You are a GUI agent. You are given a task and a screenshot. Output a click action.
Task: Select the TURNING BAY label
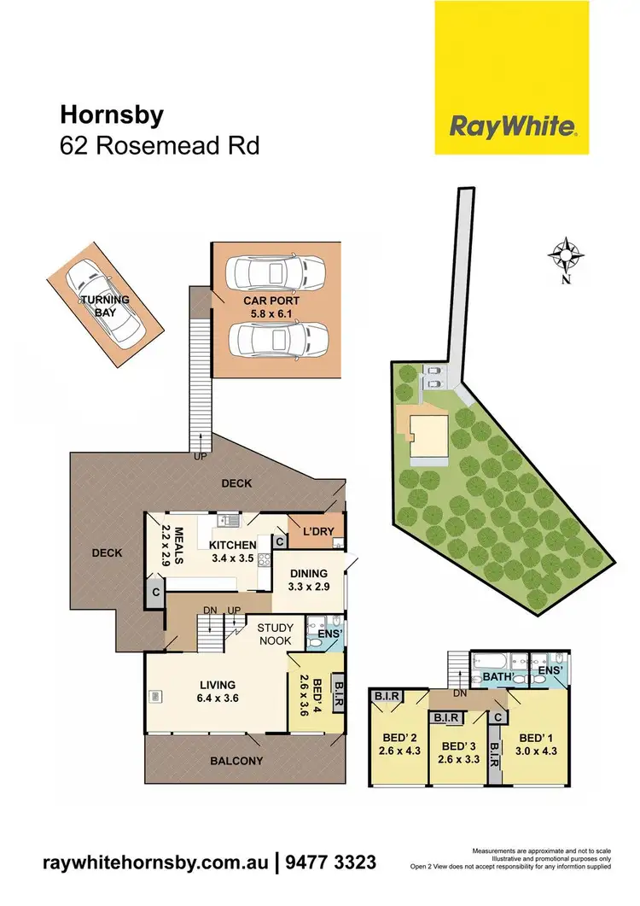click(106, 306)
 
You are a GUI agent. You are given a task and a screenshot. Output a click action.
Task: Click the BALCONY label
click(238, 761)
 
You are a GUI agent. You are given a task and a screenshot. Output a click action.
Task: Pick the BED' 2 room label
click(397, 743)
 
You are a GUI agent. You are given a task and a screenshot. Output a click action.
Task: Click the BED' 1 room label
click(532, 743)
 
